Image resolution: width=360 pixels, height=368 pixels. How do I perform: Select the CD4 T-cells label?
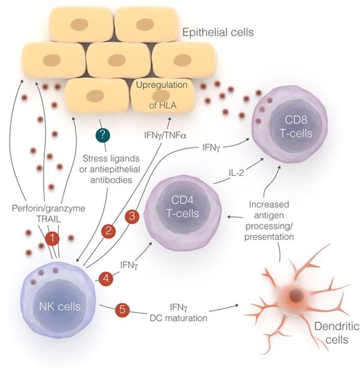point(184,206)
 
